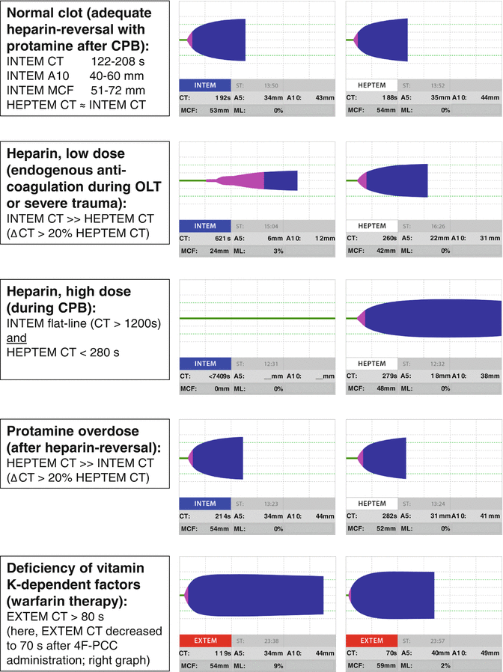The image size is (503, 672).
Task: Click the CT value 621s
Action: [216, 238]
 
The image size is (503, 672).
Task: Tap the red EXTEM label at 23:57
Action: [372, 640]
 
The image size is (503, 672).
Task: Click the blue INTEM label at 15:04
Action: [204, 225]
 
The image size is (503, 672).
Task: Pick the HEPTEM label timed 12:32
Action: [372, 363]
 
